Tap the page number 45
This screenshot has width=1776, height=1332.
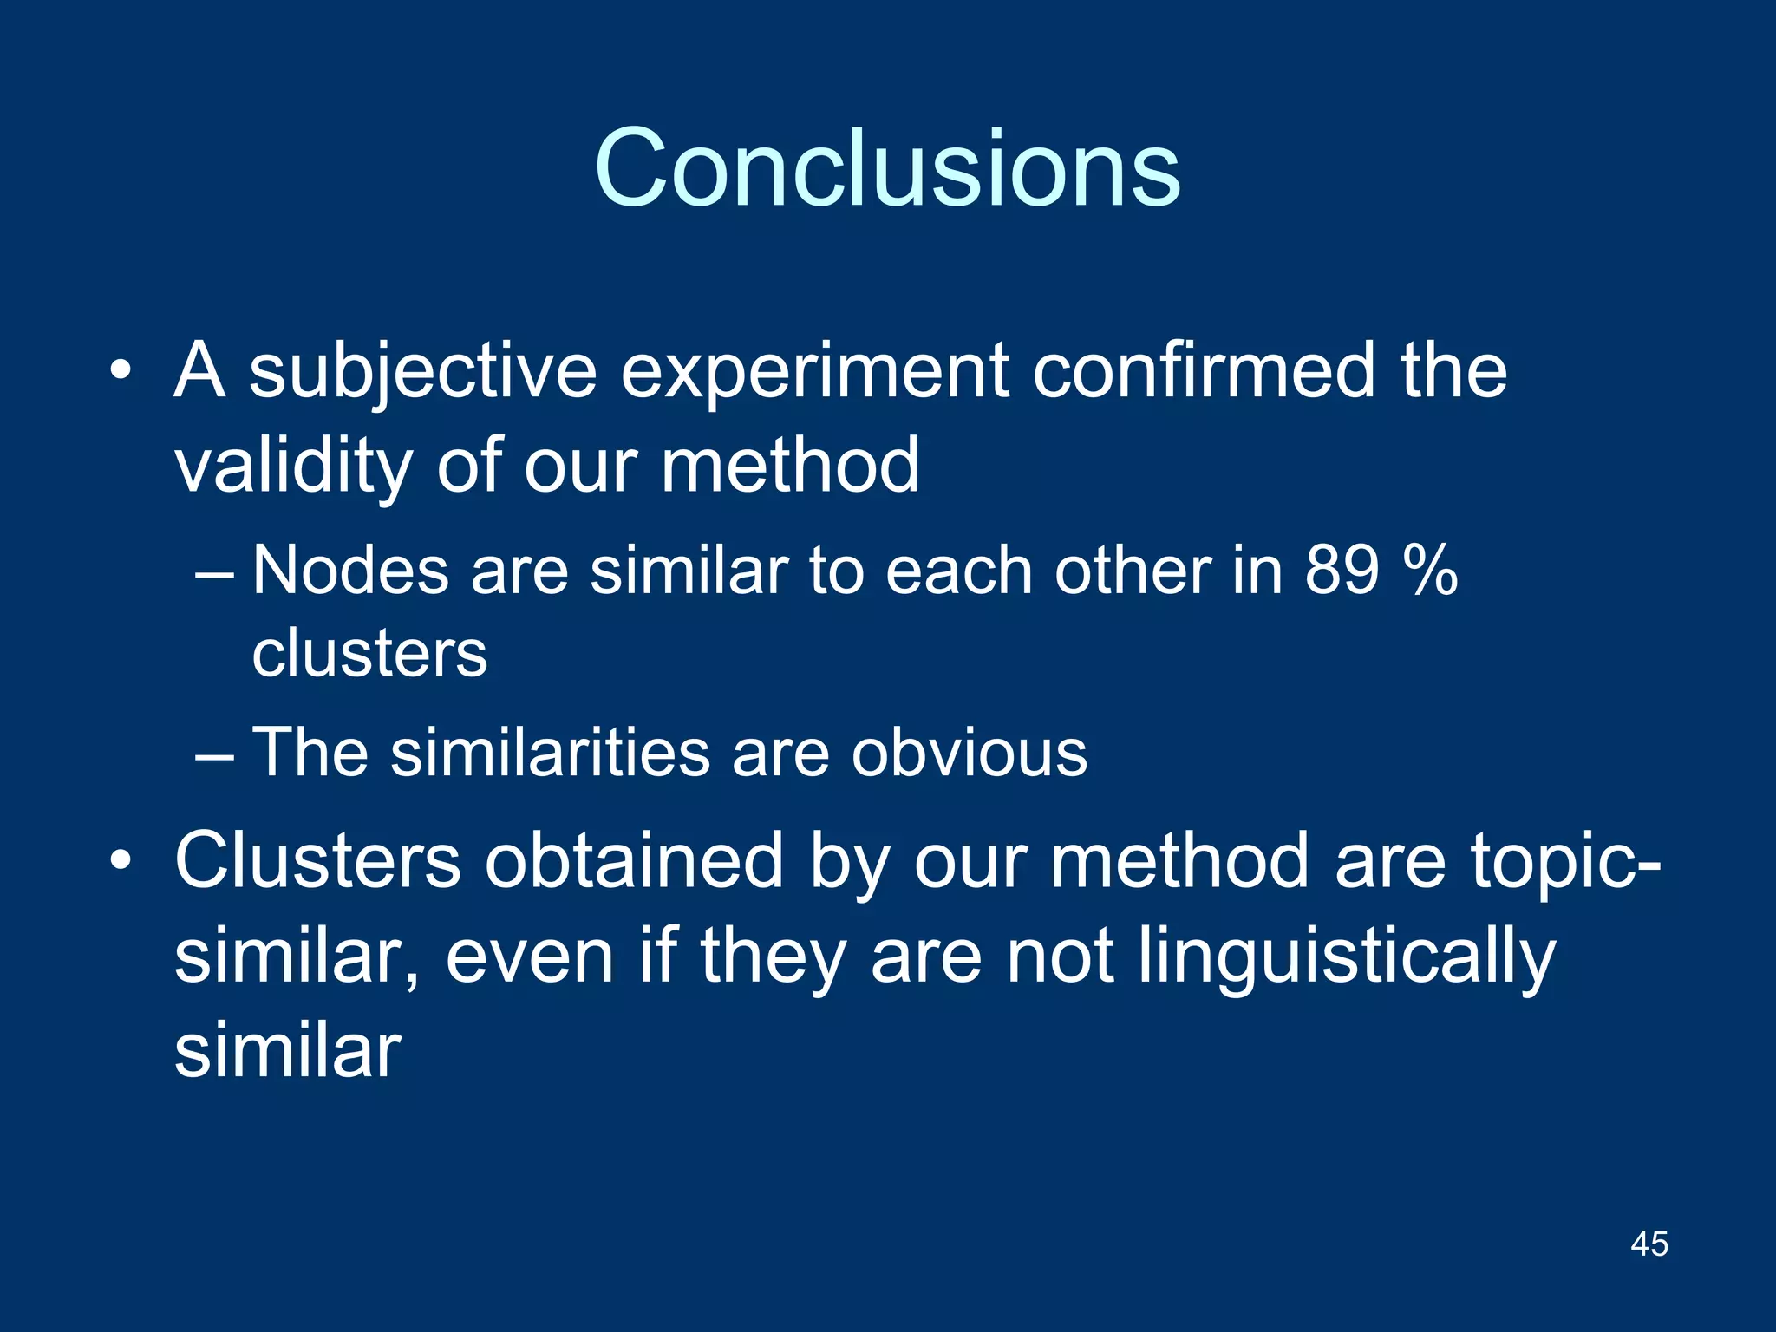coord(1649,1244)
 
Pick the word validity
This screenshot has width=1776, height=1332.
coord(292,467)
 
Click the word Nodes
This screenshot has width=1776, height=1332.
coord(350,571)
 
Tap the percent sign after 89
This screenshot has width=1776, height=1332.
coord(1431,571)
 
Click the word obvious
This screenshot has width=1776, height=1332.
coord(969,753)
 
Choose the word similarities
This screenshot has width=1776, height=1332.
coord(550,753)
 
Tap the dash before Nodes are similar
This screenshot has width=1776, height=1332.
coord(214,573)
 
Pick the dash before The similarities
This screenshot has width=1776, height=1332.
coord(214,754)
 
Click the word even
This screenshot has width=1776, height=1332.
coord(529,957)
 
